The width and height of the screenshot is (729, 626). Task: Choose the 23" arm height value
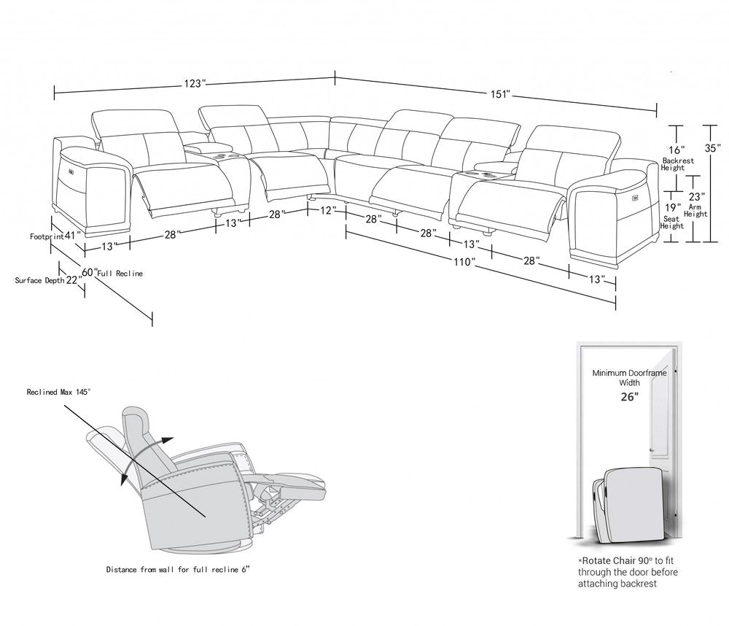[698, 196]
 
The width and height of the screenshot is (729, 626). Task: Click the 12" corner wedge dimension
[328, 210]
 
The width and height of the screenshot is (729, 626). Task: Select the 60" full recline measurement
[89, 272]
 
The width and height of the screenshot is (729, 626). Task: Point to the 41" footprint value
[71, 236]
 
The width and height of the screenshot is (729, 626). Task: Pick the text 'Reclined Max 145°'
[58, 393]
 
